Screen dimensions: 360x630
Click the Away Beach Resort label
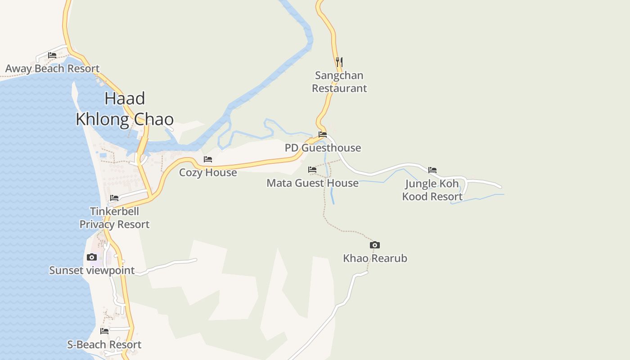tap(52, 69)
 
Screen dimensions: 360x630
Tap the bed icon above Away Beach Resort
tap(52, 55)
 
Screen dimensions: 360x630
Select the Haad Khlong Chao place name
tap(125, 109)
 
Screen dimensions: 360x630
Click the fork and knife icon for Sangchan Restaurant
tap(339, 62)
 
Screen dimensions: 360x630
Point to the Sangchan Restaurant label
tap(339, 82)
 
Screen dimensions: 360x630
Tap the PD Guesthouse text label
tap(323, 148)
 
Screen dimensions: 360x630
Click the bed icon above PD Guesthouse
tap(323, 134)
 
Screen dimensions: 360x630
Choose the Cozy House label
tap(208, 172)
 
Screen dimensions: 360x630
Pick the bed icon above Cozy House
tap(208, 159)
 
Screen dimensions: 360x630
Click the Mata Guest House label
tap(312, 183)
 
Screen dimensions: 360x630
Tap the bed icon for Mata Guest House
tap(312, 170)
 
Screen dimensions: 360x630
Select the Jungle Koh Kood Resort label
tap(432, 190)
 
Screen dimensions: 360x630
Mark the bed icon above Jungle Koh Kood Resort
tap(432, 170)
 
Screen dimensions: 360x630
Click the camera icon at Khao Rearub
tap(375, 245)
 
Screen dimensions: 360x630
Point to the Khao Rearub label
tap(375, 258)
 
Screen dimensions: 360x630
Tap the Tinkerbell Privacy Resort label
tap(114, 218)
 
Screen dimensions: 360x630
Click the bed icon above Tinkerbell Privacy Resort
tap(114, 198)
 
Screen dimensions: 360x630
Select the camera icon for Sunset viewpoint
tap(92, 257)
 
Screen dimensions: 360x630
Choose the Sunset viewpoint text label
tap(92, 270)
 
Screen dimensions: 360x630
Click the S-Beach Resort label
tap(104, 345)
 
